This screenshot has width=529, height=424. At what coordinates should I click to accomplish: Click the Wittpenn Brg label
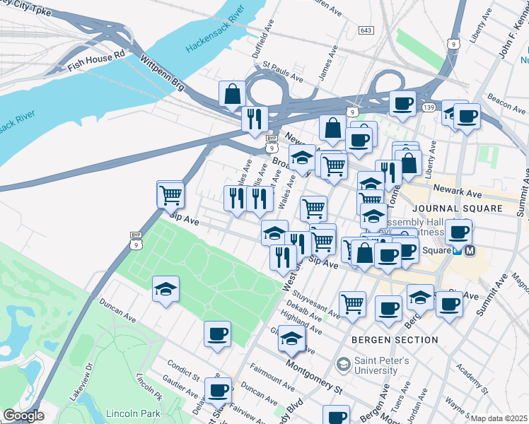[x=163, y=73]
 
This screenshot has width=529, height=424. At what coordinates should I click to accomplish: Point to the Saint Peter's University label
[x=376, y=365]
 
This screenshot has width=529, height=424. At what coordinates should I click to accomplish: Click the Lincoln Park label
[x=132, y=413]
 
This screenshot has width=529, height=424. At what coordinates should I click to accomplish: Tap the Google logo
[x=23, y=416]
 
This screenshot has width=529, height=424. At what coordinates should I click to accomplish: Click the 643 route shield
[x=366, y=30]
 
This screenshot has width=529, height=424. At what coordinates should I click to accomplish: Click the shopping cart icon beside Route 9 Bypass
[x=170, y=194]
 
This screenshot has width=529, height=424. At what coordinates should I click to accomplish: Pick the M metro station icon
[x=471, y=250]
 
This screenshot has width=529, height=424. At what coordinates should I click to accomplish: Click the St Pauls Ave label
[x=283, y=72]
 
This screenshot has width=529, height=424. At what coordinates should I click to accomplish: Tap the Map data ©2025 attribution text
[x=499, y=418]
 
